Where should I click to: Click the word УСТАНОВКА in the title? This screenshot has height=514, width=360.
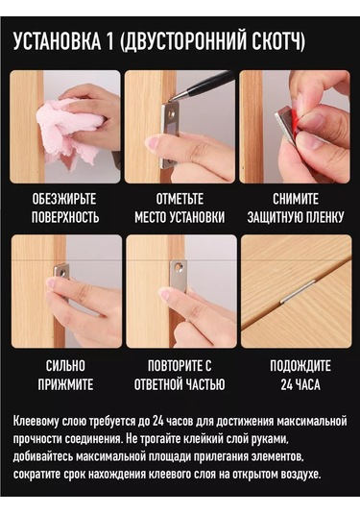(x=58, y=41)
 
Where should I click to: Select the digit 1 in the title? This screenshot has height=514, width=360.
(x=109, y=41)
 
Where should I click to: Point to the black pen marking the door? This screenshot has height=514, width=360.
(x=204, y=86)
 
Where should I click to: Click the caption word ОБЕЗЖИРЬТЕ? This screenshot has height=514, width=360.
(x=64, y=199)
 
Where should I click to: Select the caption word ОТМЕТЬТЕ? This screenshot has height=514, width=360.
(x=180, y=199)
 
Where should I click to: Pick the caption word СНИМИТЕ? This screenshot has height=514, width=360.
(x=296, y=199)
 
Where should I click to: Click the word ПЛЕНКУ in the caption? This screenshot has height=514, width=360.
(x=325, y=217)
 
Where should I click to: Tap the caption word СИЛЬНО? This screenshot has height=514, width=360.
(x=65, y=366)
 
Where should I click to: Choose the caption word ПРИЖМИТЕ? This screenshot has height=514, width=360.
(x=65, y=384)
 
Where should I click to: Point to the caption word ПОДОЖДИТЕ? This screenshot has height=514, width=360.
(x=300, y=366)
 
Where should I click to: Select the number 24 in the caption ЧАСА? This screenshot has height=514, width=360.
(x=286, y=384)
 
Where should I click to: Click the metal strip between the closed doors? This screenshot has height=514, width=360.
(x=298, y=291)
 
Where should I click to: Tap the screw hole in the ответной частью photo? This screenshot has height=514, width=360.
(x=179, y=267)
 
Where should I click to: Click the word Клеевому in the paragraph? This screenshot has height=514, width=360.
(x=32, y=421)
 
